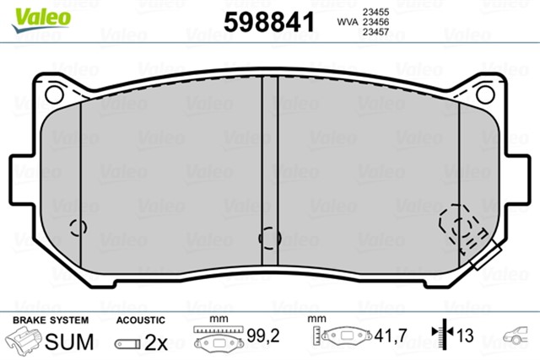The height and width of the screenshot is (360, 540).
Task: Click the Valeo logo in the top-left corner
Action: pos(41,19)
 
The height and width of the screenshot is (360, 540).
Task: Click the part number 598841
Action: pos(269,22)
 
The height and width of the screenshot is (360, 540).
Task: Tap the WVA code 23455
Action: pos(375,12)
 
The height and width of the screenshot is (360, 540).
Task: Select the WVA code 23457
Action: pos(375,32)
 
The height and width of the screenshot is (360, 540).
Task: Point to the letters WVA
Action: pos(348,22)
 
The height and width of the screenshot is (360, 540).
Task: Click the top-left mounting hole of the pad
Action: pos(54,94)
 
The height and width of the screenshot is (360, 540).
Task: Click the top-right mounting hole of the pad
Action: pos(486,94)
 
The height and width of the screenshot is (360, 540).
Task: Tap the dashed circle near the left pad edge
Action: pos(78,228)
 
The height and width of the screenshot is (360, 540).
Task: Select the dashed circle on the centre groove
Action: pos(270,238)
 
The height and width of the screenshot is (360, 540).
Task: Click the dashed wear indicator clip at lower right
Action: pos(462,227)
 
